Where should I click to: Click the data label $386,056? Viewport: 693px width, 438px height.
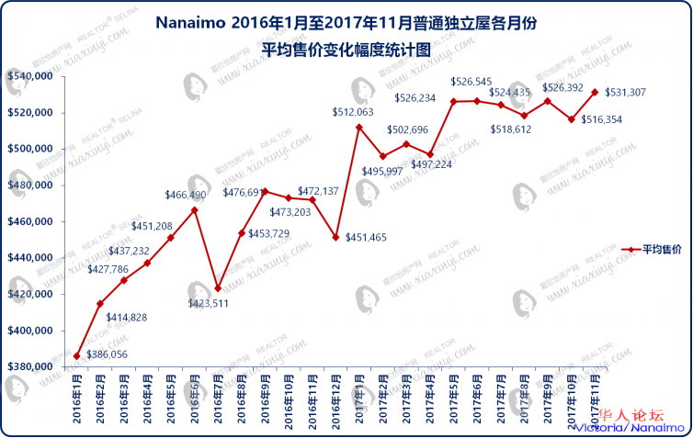[x=107, y=354]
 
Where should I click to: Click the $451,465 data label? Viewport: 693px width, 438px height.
[x=367, y=238]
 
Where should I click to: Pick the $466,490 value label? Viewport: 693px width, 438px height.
[x=186, y=195]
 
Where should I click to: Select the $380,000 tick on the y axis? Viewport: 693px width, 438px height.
[x=28, y=367]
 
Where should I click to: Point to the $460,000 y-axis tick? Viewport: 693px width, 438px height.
[x=28, y=222]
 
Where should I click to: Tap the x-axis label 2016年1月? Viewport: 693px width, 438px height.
[x=76, y=400]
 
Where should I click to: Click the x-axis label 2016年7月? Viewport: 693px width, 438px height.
[x=218, y=400]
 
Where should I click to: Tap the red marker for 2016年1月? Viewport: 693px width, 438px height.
[x=77, y=356]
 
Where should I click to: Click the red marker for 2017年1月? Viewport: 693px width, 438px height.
[x=359, y=127]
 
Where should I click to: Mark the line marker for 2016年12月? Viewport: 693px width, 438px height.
[x=335, y=237]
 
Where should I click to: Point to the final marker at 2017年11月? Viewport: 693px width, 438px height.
[x=595, y=92]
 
